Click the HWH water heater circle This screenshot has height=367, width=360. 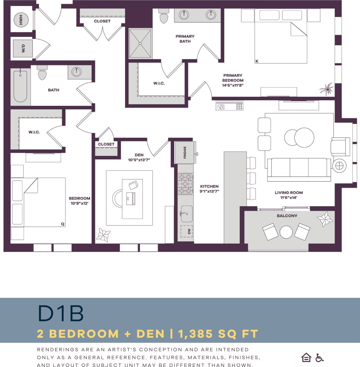(21, 20)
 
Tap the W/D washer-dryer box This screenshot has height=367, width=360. (23, 48)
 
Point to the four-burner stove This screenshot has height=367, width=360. (185, 184)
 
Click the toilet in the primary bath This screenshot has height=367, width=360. (163, 16)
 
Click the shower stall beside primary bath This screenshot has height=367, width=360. (140, 43)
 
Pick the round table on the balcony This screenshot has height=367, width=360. (286, 232)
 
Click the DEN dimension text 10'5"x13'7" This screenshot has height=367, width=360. (139, 160)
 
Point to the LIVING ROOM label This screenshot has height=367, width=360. (289, 193)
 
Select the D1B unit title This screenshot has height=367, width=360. (61, 313)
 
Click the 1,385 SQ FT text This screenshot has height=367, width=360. (218, 334)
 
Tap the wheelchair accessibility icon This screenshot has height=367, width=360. (319, 357)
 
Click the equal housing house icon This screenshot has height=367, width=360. (306, 357)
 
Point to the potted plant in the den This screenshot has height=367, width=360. (103, 235)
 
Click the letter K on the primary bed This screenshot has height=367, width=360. (257, 61)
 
